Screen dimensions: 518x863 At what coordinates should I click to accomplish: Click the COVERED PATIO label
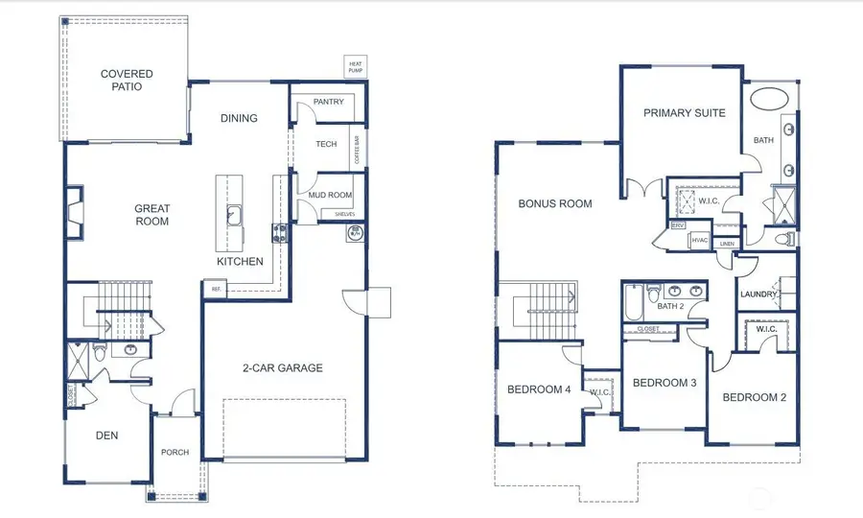point(128,80)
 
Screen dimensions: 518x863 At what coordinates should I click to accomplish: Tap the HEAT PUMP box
point(356,65)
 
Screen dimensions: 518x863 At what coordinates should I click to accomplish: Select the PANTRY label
point(328,102)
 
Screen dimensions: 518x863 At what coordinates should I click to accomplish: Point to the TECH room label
point(326,144)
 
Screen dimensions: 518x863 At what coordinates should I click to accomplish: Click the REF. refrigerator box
point(216,288)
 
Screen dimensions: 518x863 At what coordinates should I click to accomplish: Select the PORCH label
point(175,453)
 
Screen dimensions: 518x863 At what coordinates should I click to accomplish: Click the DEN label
point(106,436)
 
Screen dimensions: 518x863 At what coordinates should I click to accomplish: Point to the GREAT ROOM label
point(152,215)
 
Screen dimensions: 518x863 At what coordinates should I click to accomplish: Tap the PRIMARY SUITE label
point(684,113)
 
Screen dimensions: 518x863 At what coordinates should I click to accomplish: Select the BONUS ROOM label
point(555,203)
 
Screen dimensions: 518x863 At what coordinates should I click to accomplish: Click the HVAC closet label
point(699,240)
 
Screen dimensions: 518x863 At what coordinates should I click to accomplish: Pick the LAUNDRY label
point(758,294)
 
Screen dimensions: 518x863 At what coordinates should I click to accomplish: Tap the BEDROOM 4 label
point(539,388)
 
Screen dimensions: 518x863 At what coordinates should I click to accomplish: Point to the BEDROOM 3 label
point(664,383)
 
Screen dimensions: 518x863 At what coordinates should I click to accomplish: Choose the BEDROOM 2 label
point(754,397)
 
